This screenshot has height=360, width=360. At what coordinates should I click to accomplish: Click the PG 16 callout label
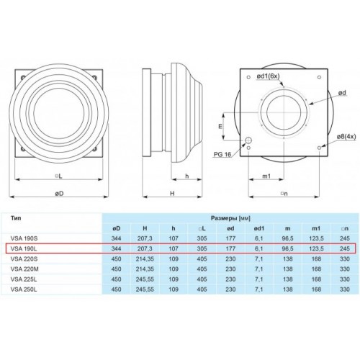click(x=222, y=154)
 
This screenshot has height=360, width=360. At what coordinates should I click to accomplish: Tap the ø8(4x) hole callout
click(x=346, y=136)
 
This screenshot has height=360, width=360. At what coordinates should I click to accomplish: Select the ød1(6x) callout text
click(x=268, y=76)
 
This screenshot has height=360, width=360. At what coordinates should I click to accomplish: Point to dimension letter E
click(x=220, y=126)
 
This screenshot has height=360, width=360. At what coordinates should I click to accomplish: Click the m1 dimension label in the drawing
click(x=266, y=176)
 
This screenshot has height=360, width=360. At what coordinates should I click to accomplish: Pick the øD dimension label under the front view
click(x=59, y=194)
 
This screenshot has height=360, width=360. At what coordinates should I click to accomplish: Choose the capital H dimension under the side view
click(x=172, y=194)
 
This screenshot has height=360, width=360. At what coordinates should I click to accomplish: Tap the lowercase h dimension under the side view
click(x=187, y=176)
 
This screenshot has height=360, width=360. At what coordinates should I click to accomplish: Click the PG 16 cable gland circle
click(x=248, y=140)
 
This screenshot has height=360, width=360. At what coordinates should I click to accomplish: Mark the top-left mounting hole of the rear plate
click(x=248, y=77)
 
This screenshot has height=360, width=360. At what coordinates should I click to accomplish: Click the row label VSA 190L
click(x=24, y=248)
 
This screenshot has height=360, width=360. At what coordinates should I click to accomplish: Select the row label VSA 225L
click(x=24, y=279)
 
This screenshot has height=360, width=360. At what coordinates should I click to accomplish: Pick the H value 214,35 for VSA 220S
click(x=145, y=259)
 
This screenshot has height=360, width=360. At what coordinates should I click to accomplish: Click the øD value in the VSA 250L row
click(x=117, y=289)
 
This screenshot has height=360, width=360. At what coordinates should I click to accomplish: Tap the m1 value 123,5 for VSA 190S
click(x=316, y=238)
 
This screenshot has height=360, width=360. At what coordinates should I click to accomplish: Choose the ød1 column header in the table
click(x=258, y=228)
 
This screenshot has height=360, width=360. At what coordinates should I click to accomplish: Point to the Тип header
click(x=16, y=218)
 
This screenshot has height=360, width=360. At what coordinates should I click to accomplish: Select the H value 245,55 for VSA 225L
click(x=145, y=279)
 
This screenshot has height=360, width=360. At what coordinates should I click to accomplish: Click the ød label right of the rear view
click(x=343, y=93)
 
